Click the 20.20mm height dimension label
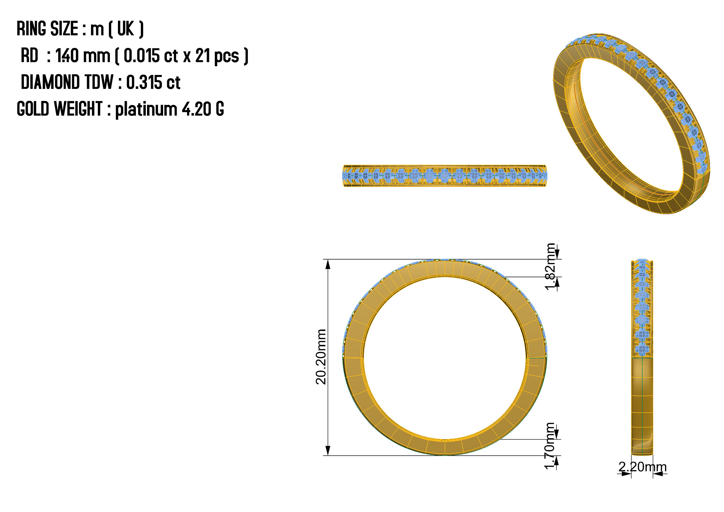coord(321,357)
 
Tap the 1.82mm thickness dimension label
coord(550,267)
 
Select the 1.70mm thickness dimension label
coord(550,446)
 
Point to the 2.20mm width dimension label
coord(642,467)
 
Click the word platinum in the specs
coord(146,110)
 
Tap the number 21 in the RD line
coord(203,56)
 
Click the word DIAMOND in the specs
coord(50,83)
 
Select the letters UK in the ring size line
coord(125,29)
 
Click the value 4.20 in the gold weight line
coord(197,109)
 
